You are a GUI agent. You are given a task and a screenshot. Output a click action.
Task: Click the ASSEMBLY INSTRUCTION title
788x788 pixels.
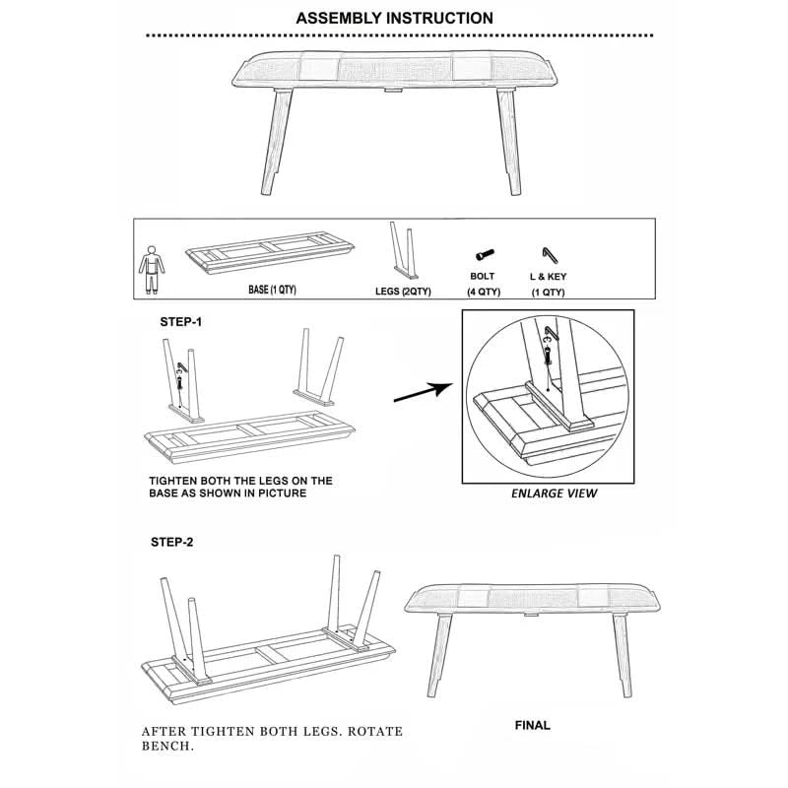[394, 18]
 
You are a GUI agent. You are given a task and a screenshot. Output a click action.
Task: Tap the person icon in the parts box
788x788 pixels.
[152, 270]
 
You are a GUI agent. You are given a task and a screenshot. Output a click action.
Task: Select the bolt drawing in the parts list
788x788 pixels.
[485, 255]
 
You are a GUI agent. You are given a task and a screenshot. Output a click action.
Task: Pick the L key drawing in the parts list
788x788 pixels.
[550, 255]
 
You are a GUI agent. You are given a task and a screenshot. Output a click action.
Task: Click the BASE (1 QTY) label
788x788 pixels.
[272, 290]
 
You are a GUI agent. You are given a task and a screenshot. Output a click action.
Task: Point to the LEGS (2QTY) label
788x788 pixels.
[403, 291]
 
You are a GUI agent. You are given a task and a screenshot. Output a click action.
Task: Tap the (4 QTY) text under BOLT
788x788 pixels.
[484, 292]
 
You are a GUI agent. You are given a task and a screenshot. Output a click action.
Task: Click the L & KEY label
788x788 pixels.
[548, 277]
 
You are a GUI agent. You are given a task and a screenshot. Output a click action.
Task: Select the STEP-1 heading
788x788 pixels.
[181, 322]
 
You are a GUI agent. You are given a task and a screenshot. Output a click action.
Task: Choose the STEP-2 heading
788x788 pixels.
[171, 542]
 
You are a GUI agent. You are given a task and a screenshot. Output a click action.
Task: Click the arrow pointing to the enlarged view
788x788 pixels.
[424, 392]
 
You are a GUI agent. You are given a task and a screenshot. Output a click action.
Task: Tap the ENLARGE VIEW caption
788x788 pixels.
[554, 493]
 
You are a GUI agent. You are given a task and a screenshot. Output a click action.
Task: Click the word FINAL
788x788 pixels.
[532, 725]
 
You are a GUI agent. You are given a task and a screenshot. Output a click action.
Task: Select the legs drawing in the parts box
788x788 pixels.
[404, 250]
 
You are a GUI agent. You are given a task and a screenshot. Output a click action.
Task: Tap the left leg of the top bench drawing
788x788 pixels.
[276, 142]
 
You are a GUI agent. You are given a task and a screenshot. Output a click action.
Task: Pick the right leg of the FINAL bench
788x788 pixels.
[623, 655]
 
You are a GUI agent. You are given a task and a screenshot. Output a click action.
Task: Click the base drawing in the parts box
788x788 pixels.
[270, 252]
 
